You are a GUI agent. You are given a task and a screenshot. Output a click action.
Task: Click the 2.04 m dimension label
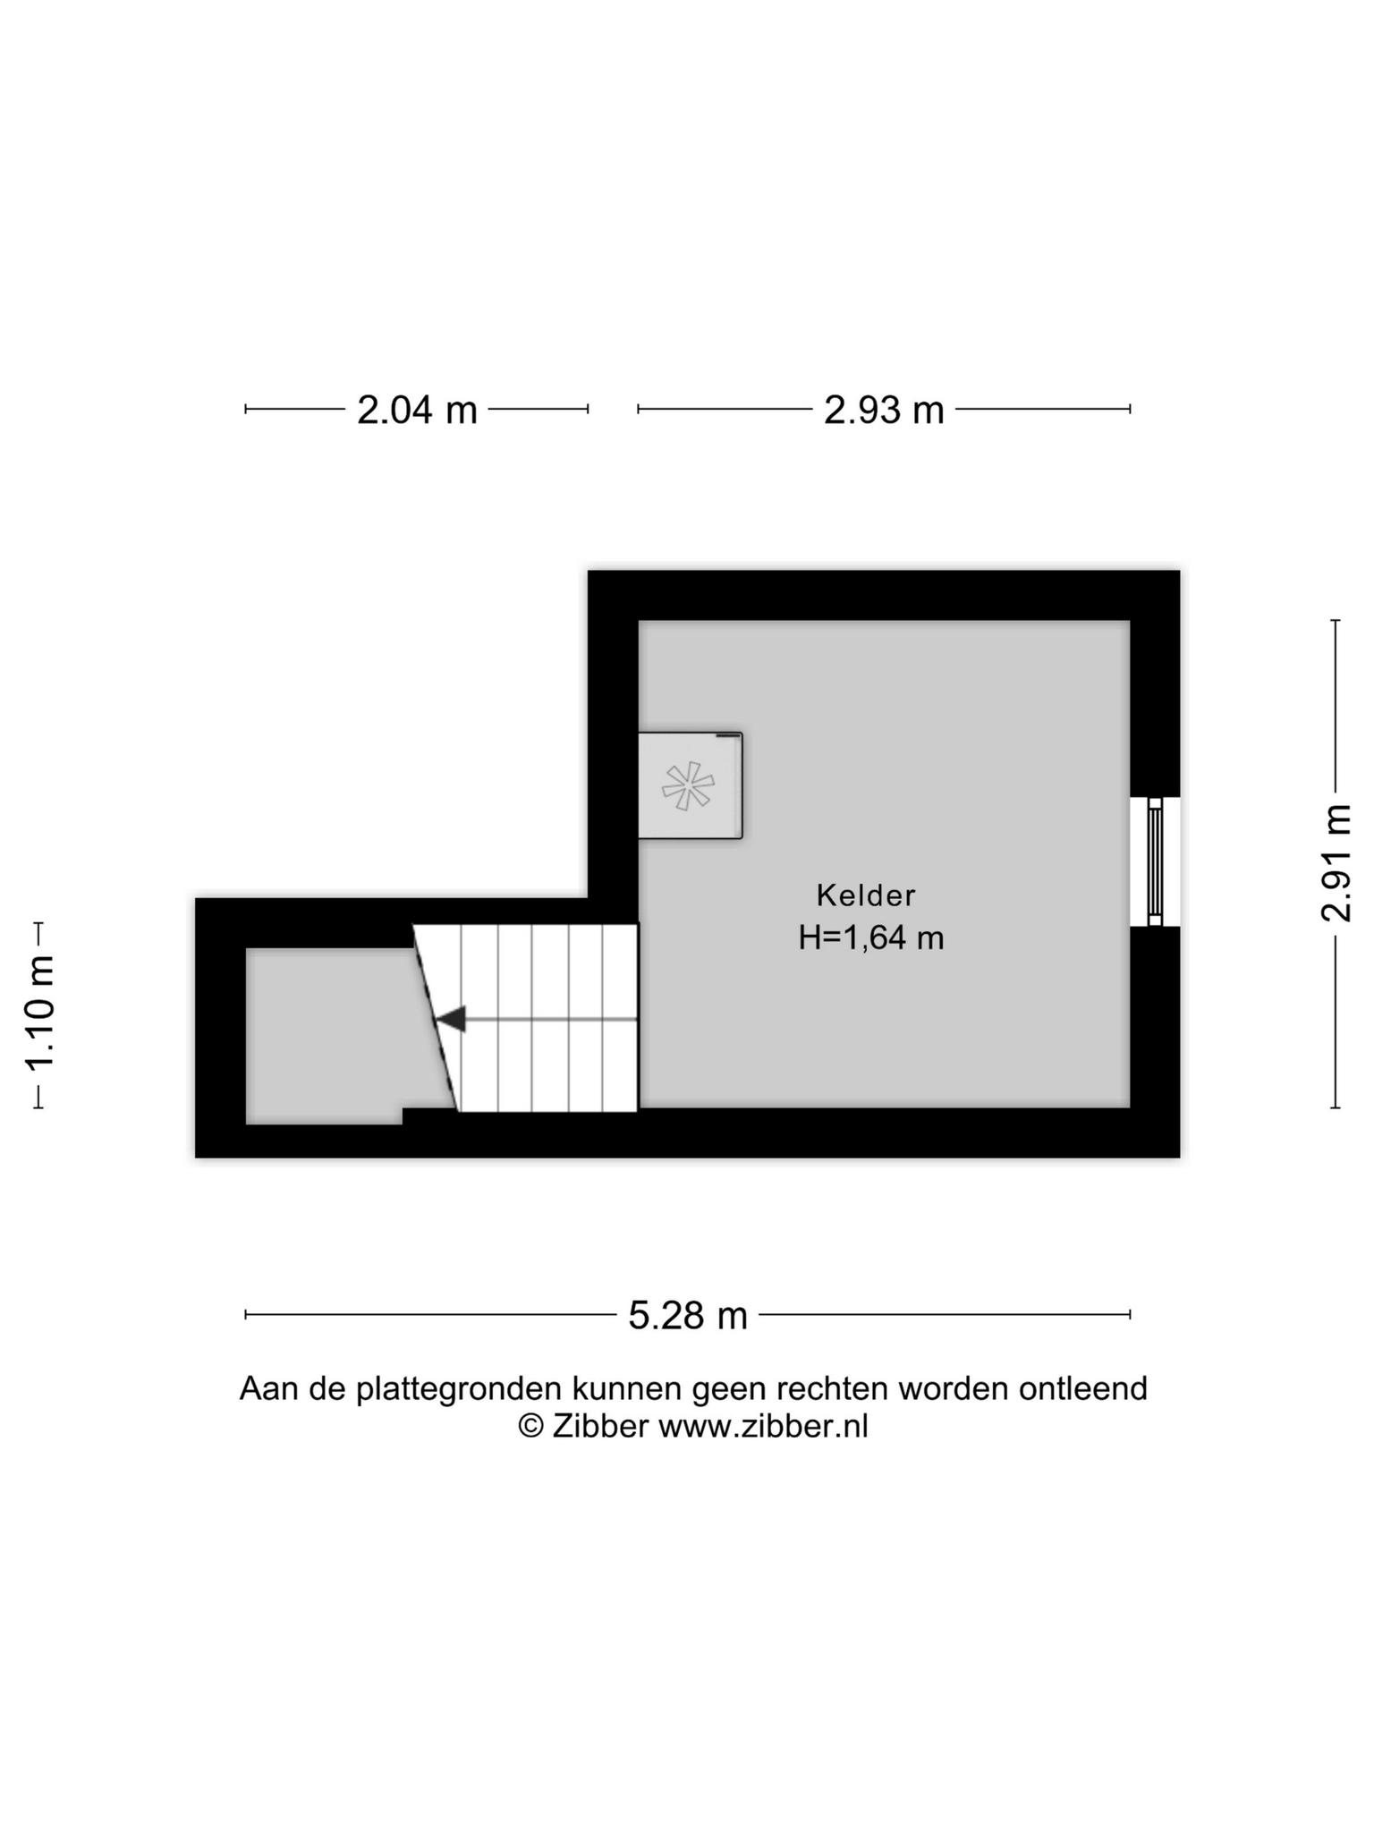coord(417,411)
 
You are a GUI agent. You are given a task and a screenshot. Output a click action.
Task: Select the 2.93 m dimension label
coord(884,411)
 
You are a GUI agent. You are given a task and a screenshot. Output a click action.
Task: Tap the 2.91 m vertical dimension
coord(1336,863)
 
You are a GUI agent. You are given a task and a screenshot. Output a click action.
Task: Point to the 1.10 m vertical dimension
coord(40,1013)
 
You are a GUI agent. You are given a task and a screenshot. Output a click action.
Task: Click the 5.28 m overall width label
coord(688,1316)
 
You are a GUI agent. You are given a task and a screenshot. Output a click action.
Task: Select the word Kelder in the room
coord(866,895)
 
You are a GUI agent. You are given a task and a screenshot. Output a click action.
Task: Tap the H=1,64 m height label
coord(871,937)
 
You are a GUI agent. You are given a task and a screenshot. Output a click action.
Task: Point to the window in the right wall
coord(1155,862)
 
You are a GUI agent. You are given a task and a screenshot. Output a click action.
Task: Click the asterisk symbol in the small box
coord(688,786)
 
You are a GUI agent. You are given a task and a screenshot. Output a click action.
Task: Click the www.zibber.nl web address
coord(764,1426)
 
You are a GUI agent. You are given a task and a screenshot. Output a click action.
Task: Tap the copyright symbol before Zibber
coord(531,1426)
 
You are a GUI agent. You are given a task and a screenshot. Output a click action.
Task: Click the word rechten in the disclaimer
coord(833,1388)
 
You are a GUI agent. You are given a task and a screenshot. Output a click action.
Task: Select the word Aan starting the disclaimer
coord(269,1388)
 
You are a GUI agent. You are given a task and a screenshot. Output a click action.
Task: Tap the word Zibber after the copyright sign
coord(600,1426)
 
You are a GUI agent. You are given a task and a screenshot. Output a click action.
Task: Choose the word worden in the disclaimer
coord(954,1388)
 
